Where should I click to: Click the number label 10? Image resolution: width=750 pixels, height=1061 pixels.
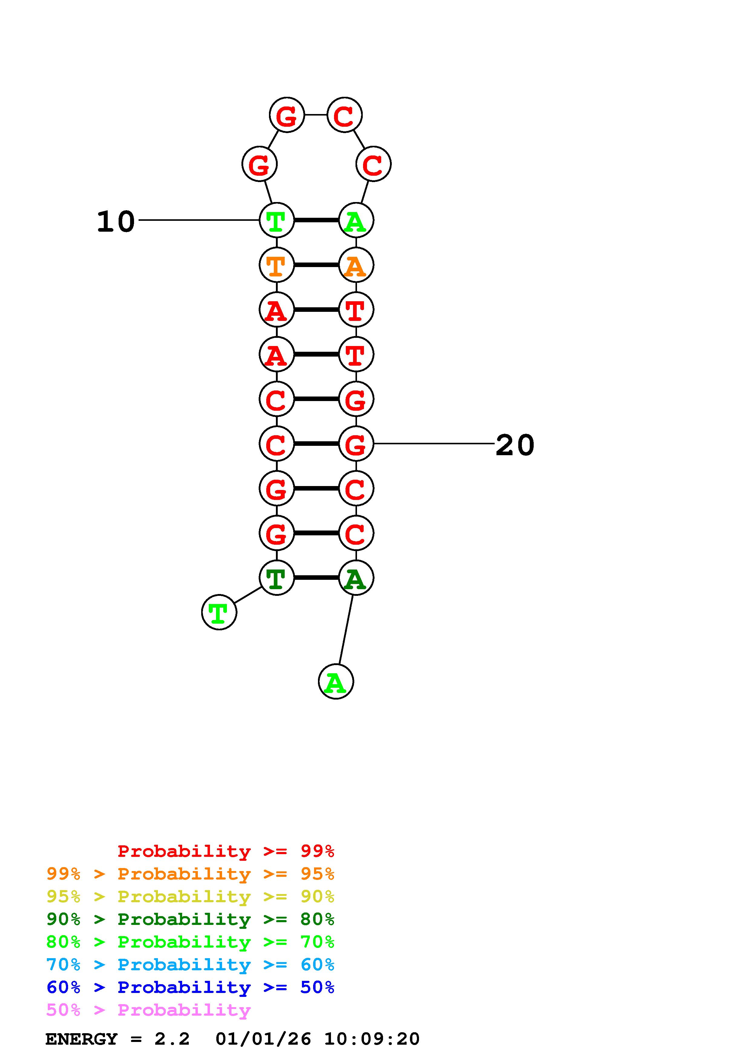pyautogui.click(x=116, y=221)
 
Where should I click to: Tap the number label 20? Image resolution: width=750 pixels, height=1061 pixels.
pyautogui.click(x=515, y=446)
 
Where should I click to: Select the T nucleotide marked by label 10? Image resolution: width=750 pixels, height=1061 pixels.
pyautogui.click(x=276, y=220)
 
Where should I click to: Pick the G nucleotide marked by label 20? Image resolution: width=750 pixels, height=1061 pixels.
pyautogui.click(x=356, y=444)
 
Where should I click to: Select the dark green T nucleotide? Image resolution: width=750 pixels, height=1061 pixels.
pyautogui.click(x=276, y=578)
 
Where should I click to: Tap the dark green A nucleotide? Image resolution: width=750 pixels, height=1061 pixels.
pyautogui.click(x=356, y=578)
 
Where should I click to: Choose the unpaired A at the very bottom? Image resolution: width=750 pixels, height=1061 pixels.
pyautogui.click(x=336, y=682)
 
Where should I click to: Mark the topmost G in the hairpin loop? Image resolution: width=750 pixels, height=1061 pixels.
pyautogui.click(x=287, y=115)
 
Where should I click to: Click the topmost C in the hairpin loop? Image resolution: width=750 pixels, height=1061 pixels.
pyautogui.click(x=344, y=115)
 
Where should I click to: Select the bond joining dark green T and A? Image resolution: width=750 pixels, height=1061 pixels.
pyautogui.click(x=316, y=578)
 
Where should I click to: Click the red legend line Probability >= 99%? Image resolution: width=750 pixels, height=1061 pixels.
pyautogui.click(x=225, y=851)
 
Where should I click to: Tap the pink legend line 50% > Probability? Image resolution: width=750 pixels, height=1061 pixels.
pyautogui.click(x=148, y=1010)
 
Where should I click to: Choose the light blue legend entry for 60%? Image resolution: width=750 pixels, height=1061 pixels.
pyautogui.click(x=190, y=965)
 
